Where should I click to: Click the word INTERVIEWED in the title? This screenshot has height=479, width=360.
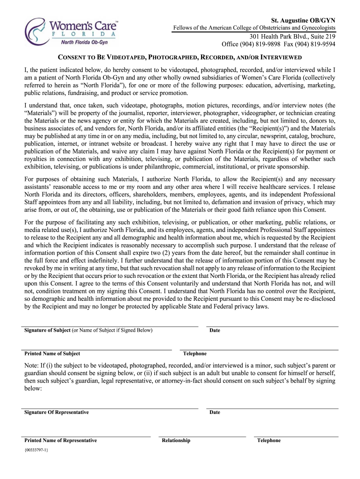(274, 58)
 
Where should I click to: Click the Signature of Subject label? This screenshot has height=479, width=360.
(47, 330)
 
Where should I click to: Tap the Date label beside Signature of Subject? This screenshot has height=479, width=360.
(215, 330)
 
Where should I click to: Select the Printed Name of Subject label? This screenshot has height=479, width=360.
(52, 354)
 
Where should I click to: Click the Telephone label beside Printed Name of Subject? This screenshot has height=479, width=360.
(194, 354)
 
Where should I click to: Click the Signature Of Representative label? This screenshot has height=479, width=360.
(56, 412)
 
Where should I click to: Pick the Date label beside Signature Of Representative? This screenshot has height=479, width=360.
(215, 412)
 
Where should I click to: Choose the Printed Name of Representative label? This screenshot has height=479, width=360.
(60, 440)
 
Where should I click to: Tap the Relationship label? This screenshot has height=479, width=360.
(176, 440)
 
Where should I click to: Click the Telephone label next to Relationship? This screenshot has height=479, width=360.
(269, 440)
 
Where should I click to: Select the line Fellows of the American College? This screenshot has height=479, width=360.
(254, 29)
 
